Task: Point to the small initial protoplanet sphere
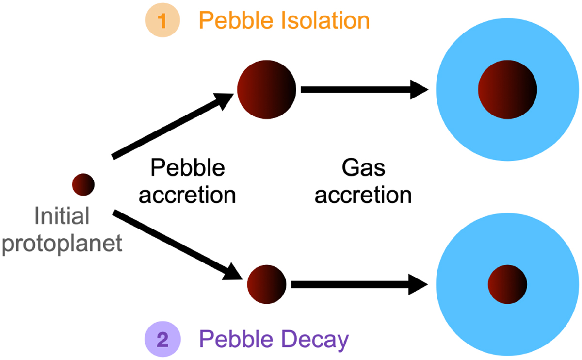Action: pyautogui.click(x=83, y=184)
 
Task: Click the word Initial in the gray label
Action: pyautogui.click(x=62, y=216)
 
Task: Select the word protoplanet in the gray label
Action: pyautogui.click(x=62, y=243)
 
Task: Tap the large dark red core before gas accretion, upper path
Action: pyautogui.click(x=266, y=91)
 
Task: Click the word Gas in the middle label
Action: pyautogui.click(x=363, y=168)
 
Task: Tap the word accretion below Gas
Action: pyautogui.click(x=363, y=195)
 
